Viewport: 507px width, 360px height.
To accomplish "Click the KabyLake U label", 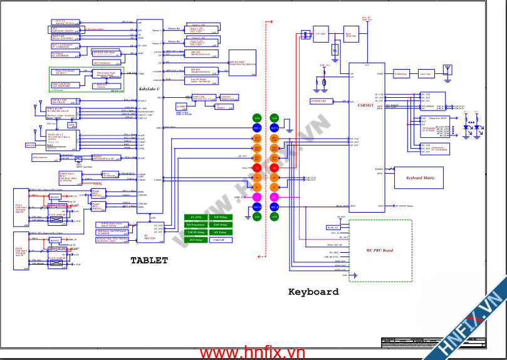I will (x=149, y=90).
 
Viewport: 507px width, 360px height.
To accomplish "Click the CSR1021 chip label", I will (x=365, y=105).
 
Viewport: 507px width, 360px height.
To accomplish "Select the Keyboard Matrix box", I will (x=418, y=178).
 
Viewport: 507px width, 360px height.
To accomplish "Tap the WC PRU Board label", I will (x=380, y=250).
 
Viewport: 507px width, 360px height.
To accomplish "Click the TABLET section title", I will (x=149, y=260).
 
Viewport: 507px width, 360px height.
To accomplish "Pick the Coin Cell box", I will (x=219, y=240).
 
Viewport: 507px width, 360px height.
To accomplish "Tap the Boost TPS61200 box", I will (x=351, y=37).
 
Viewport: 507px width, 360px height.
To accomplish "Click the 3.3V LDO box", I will (x=321, y=34).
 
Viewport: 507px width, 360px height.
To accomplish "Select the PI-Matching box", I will (x=401, y=74).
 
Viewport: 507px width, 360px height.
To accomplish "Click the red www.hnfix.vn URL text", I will (x=254, y=354).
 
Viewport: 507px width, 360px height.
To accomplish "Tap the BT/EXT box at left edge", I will (x=30, y=145).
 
